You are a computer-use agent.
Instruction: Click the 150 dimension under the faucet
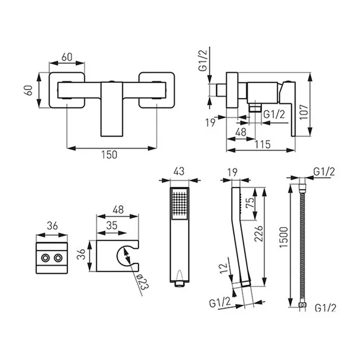pyautogui.click(x=109, y=155)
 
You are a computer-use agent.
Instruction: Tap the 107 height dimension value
pyautogui.click(x=304, y=112)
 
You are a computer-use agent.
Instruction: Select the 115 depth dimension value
pyautogui.click(x=263, y=144)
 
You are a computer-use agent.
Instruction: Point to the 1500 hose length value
pyautogui.click(x=284, y=238)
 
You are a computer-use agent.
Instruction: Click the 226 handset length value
pyautogui.click(x=259, y=233)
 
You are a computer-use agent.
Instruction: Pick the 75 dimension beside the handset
pyautogui.click(x=250, y=202)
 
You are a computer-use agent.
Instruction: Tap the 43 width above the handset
pyautogui.click(x=179, y=171)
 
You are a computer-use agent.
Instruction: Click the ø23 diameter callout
pyautogui.click(x=143, y=282)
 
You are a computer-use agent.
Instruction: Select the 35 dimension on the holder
pyautogui.click(x=112, y=226)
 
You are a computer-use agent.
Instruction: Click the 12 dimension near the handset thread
pyautogui.click(x=224, y=268)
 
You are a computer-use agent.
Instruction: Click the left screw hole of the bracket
pyautogui.click(x=45, y=258)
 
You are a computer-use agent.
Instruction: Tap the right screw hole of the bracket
pyautogui.click(x=58, y=258)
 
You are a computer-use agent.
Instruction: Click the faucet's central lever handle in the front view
pyautogui.click(x=112, y=109)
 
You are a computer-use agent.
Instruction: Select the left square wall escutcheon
pyautogui.click(x=67, y=90)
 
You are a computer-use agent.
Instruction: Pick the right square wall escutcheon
pyautogui.click(x=157, y=90)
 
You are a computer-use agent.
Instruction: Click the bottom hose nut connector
pyautogui.click(x=303, y=305)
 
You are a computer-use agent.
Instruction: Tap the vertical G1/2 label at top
pyautogui.click(x=203, y=61)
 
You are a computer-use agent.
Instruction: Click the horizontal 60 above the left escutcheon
pyautogui.click(x=67, y=57)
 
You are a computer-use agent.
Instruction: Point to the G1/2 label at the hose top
pyautogui.click(x=324, y=171)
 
